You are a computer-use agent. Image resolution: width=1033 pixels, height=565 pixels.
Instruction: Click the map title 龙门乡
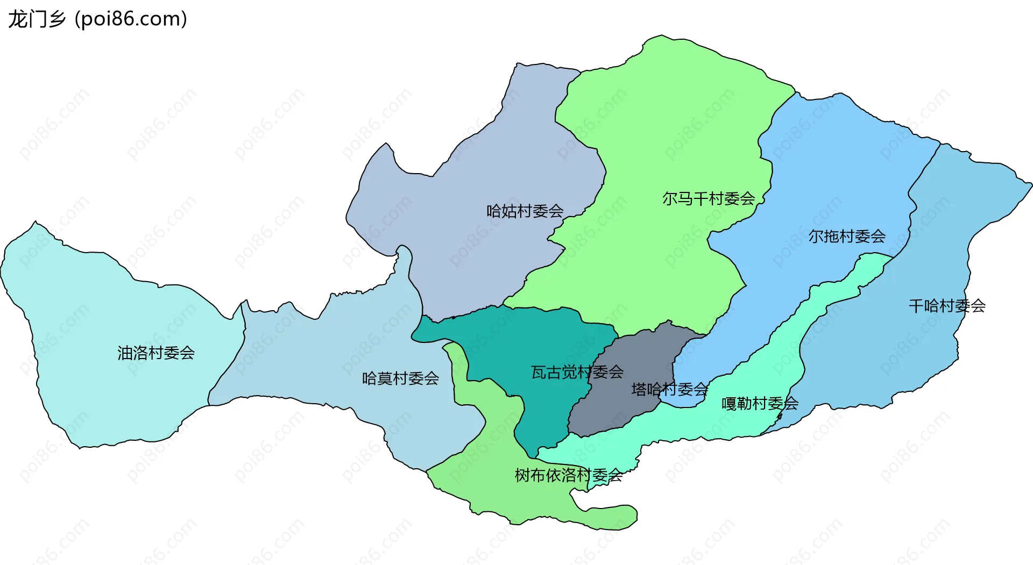coord(37,19)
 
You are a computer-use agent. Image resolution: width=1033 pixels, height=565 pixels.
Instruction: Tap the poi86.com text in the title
coord(131,19)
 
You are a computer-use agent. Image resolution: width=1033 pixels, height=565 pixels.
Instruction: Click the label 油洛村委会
coord(156,353)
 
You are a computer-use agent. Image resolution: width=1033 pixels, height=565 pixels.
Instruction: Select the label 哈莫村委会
coord(400,378)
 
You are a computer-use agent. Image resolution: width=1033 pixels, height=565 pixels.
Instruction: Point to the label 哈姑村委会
coord(525,211)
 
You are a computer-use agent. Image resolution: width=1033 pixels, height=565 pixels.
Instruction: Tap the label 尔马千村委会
coord(709,199)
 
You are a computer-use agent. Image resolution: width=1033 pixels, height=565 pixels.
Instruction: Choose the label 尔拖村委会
coord(847,236)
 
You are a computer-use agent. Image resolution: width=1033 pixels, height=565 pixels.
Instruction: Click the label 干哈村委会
coord(947,306)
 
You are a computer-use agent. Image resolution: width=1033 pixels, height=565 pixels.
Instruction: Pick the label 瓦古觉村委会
coord(577,372)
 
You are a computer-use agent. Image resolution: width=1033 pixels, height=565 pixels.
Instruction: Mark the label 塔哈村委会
coord(669,389)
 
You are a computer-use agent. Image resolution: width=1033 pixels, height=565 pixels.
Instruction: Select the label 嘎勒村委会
coord(760,403)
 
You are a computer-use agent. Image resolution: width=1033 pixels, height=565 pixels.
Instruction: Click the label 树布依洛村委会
coord(568,475)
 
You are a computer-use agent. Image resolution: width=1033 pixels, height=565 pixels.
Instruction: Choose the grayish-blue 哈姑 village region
coord(484,161)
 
